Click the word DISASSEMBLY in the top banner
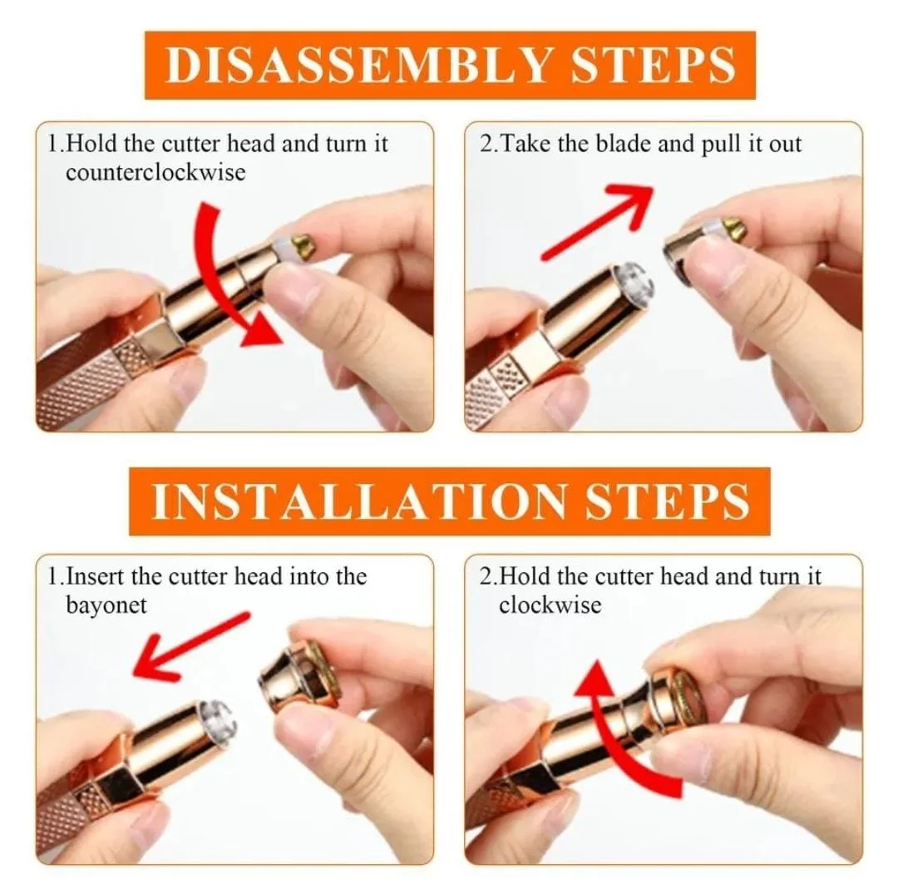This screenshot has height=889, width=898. [358, 65]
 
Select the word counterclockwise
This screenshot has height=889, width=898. [155, 172]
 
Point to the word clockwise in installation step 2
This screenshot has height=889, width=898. [550, 605]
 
